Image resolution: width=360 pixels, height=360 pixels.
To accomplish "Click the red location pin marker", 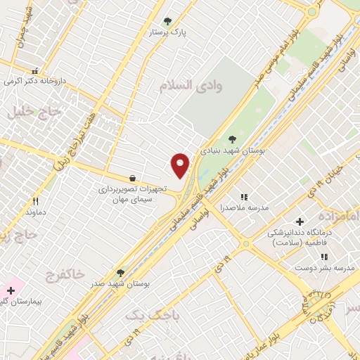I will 181,165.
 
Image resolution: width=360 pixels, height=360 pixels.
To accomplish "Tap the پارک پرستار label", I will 167,32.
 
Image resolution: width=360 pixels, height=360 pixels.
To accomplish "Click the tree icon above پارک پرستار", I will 167,21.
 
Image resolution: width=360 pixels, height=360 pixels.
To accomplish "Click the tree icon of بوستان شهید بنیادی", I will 233,139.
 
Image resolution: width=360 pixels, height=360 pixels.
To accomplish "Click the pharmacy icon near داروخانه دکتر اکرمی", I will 34,70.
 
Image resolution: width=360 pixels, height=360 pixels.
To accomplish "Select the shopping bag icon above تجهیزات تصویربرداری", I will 132,178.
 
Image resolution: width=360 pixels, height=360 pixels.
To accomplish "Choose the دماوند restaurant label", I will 35,211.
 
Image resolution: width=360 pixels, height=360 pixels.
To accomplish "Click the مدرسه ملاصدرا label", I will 245,208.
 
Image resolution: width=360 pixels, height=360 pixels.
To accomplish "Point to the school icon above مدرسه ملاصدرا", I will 245,198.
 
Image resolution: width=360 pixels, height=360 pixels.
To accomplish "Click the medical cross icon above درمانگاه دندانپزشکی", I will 300,221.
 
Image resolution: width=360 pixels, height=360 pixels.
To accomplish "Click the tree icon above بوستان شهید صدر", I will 120,273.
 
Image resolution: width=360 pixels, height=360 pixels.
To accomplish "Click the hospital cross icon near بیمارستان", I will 11,290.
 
